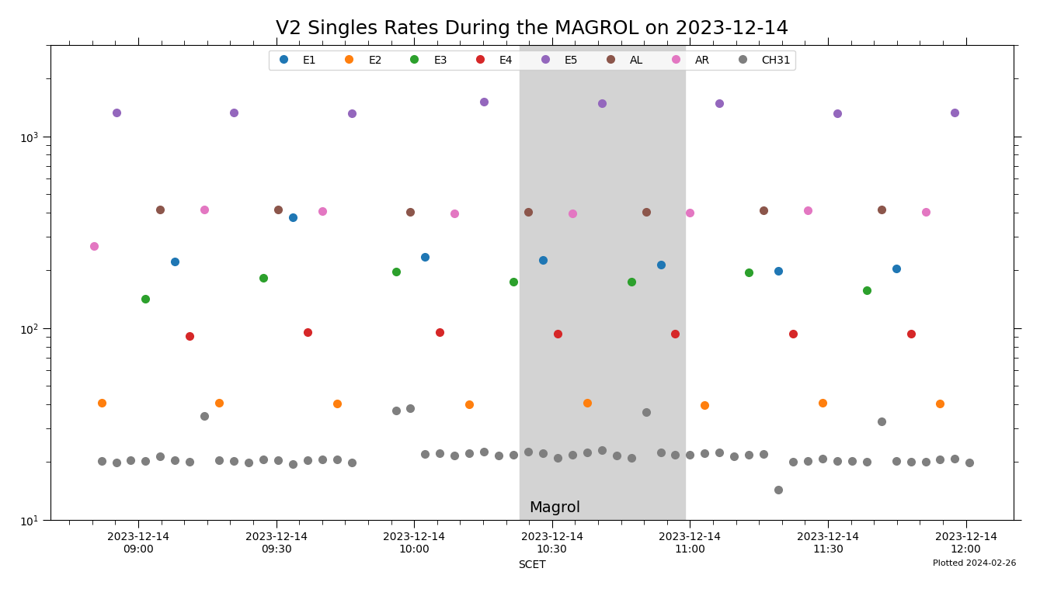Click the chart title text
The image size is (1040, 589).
pyautogui.click(x=531, y=29)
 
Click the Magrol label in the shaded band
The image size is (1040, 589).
pyautogui.click(x=555, y=508)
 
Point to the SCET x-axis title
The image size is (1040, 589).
pyautogui.click(x=531, y=565)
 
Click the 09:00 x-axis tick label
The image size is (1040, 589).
pyautogui.click(x=138, y=542)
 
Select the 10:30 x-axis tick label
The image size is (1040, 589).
pyautogui.click(x=552, y=542)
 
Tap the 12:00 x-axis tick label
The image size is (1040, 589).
pyautogui.click(x=965, y=542)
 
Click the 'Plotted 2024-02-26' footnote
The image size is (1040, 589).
pyautogui.click(x=974, y=563)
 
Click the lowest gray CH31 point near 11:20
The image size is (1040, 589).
pyautogui.click(x=778, y=490)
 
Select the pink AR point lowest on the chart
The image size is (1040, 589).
pyautogui.click(x=94, y=246)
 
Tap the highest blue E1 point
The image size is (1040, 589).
pyautogui.click(x=293, y=217)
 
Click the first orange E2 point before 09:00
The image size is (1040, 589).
pyautogui.click(x=102, y=403)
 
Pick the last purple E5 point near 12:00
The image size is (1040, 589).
pyautogui.click(x=955, y=113)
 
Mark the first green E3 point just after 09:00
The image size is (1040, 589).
pyautogui.click(x=145, y=299)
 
